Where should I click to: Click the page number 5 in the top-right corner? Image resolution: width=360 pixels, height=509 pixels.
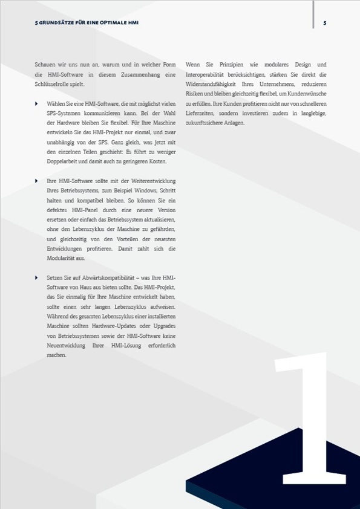click(x=325, y=24)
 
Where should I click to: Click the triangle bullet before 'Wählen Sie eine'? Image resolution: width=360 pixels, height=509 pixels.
click(x=37, y=104)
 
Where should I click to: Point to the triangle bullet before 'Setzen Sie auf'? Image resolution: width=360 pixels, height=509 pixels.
click(x=37, y=277)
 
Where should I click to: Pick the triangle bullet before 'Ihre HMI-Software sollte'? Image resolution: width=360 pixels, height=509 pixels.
click(x=37, y=181)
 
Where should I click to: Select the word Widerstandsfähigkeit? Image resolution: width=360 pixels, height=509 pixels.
click(x=212, y=84)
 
